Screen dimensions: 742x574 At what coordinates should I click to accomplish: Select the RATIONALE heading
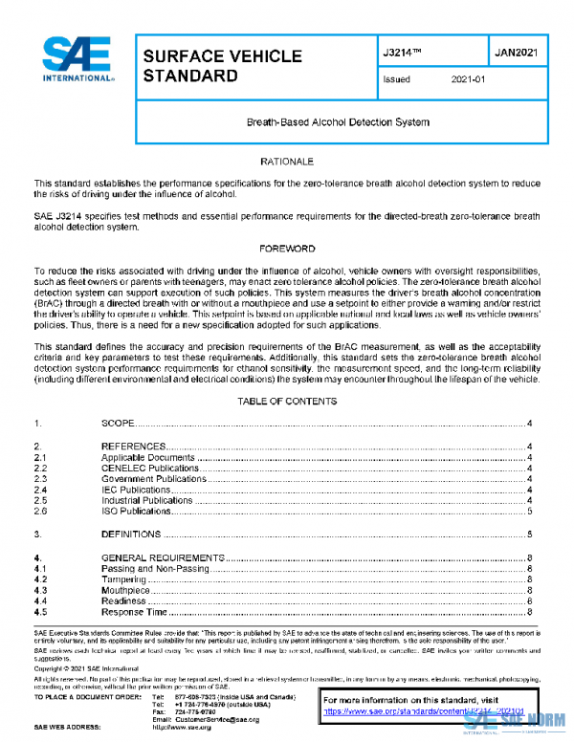point(287,163)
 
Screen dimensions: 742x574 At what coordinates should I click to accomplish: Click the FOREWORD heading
point(287,249)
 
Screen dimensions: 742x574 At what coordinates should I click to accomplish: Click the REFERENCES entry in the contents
point(134,447)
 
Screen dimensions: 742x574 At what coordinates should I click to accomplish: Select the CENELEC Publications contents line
point(149,469)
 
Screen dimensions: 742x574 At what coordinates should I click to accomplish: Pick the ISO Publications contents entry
point(140,512)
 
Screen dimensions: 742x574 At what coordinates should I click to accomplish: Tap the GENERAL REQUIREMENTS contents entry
point(163,557)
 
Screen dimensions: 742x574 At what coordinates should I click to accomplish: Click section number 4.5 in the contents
point(41,612)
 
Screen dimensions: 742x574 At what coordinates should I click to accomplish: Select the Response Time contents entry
point(134,612)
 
